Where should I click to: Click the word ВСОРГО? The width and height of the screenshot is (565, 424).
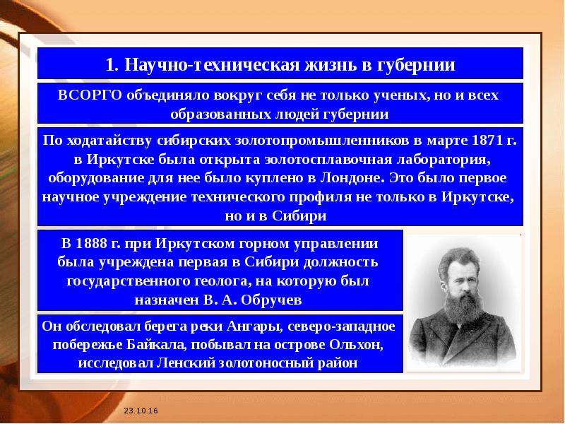click(x=90, y=95)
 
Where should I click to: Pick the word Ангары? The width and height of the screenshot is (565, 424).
click(x=253, y=326)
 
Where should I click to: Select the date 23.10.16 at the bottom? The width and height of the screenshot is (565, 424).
click(x=141, y=411)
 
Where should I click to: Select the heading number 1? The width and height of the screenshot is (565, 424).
click(x=112, y=65)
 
